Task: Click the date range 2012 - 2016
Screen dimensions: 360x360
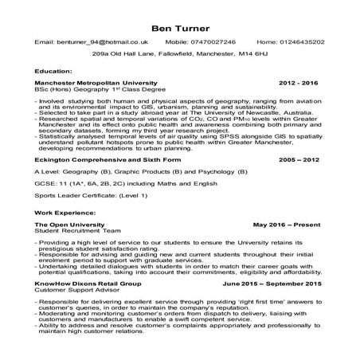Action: [299, 83]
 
